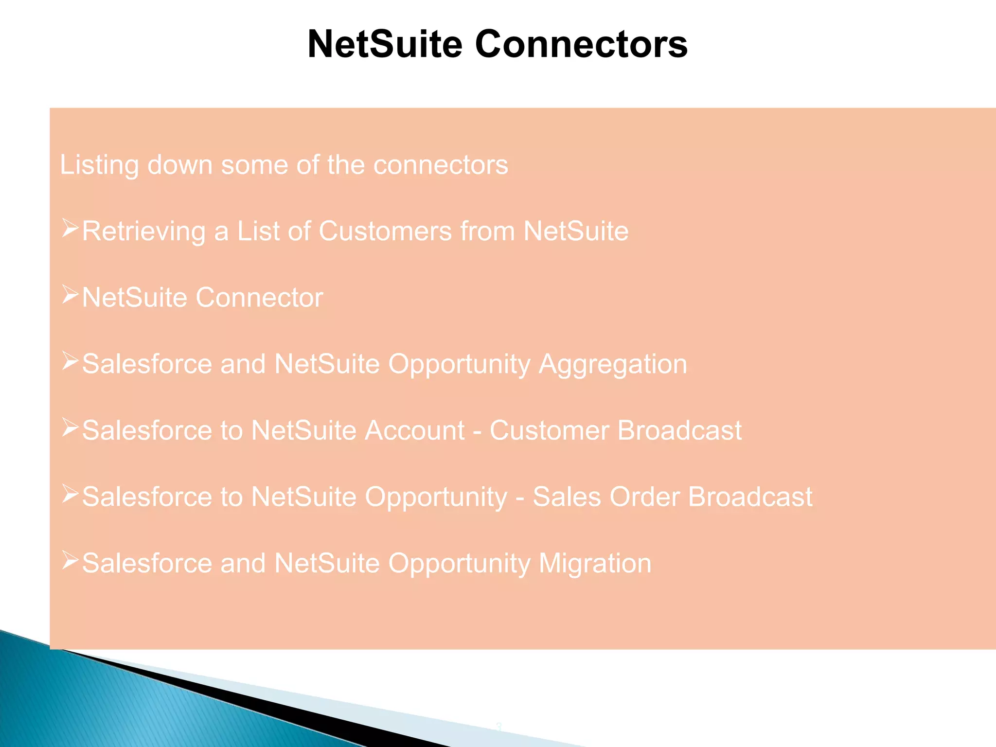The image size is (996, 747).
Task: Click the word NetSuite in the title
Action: (385, 44)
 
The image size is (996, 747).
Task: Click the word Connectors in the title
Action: (581, 44)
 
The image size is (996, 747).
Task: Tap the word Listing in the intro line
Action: (99, 165)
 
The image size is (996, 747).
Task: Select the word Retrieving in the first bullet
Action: (143, 231)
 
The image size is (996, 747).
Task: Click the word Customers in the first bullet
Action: (385, 231)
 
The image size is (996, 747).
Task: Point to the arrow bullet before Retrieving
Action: (70, 228)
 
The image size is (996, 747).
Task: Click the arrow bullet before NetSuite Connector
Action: (70, 295)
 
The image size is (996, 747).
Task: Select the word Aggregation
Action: (613, 365)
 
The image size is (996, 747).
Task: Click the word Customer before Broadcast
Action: (549, 431)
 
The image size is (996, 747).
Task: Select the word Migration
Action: (595, 564)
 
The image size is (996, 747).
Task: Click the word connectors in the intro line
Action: (441, 165)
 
